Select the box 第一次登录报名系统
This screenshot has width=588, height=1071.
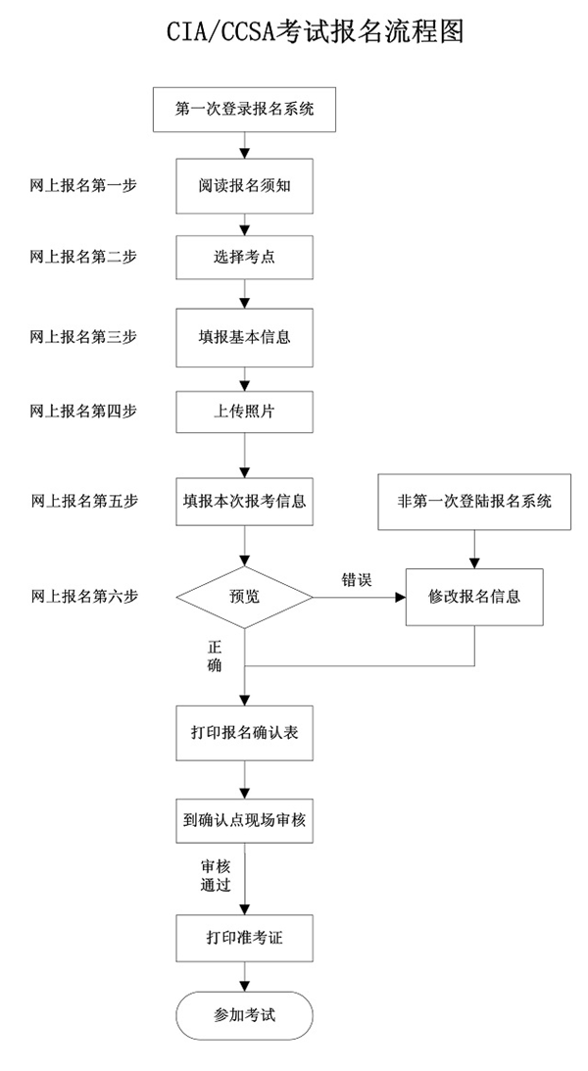[244, 109]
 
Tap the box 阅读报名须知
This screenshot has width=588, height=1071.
[244, 185]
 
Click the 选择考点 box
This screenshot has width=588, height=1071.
[244, 258]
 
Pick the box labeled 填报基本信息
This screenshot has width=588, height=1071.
[244, 335]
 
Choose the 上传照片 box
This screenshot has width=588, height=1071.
[244, 411]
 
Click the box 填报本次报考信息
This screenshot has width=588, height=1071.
[244, 502]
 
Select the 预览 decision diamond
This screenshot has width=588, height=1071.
[244, 596]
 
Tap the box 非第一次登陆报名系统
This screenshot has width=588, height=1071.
[475, 502]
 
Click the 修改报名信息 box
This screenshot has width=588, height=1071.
[475, 596]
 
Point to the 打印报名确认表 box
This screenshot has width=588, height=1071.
[244, 731]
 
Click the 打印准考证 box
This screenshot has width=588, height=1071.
[244, 938]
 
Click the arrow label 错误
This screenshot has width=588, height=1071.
[356, 579]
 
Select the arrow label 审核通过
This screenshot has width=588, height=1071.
[215, 875]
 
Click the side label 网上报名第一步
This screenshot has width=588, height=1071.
[83, 185]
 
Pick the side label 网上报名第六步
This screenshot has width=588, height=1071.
[83, 596]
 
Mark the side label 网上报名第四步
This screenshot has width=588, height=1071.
[83, 411]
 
